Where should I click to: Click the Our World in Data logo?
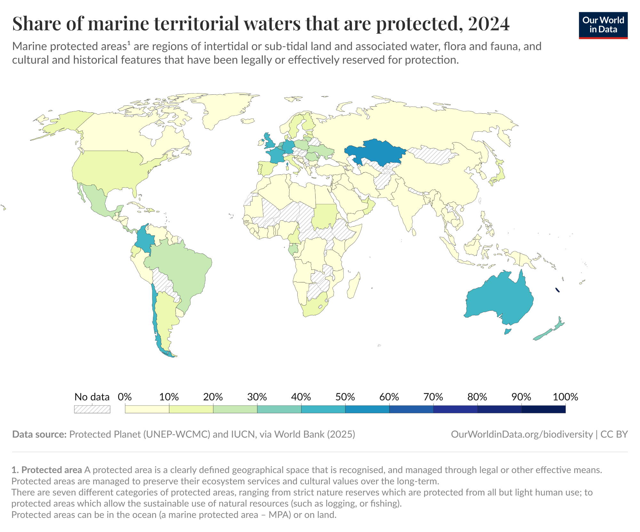603,25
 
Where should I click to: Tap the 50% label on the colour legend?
345,397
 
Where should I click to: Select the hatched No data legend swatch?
92,409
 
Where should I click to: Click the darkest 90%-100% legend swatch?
543,409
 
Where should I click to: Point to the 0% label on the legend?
124,397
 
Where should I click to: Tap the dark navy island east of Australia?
557,290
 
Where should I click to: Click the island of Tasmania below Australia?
508,331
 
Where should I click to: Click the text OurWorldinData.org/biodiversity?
522,434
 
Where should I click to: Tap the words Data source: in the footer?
39,434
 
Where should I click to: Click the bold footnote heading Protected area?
51,470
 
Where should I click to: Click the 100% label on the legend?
565,397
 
